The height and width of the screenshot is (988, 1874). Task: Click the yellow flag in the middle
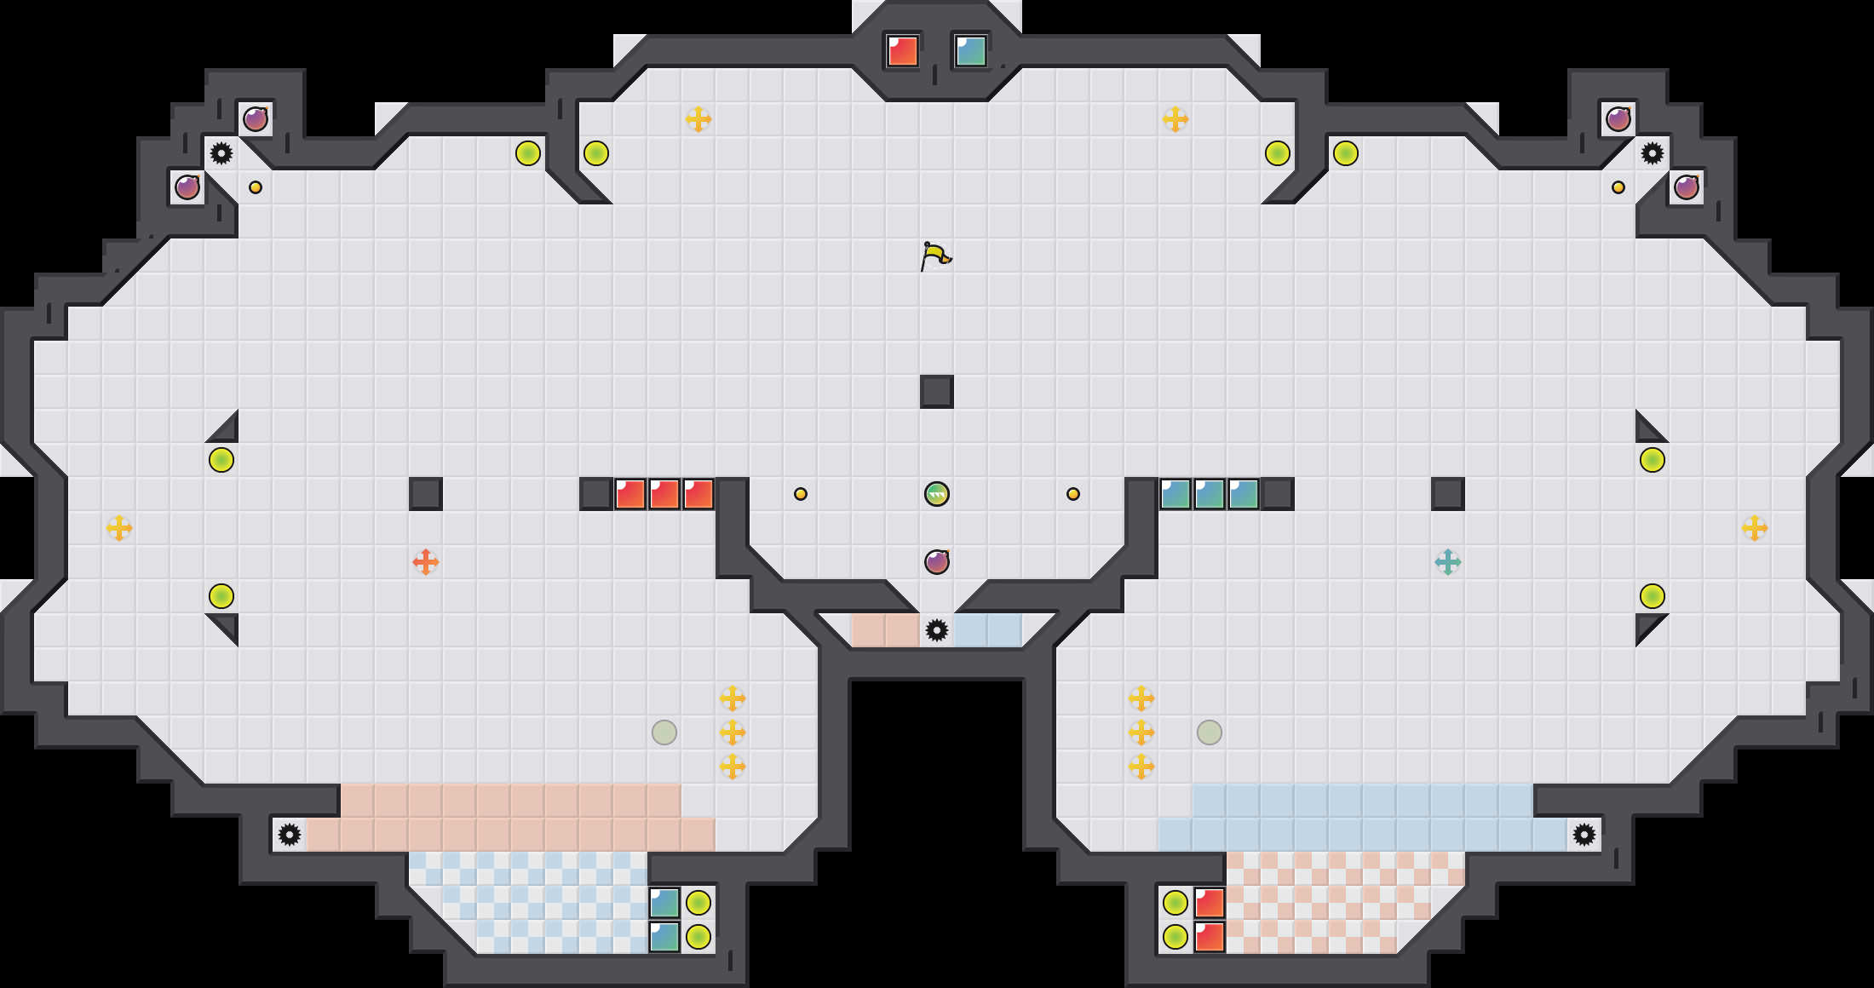935,256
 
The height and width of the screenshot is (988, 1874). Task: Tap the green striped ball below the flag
937,494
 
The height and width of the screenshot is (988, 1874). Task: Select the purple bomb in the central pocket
937,562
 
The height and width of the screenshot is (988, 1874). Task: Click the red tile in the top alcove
903,51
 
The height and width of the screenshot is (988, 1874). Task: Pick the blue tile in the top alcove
971,51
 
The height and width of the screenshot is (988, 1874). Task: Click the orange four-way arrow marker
426,562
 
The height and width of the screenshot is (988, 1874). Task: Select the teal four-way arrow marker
1448,562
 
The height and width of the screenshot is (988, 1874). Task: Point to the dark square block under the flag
937,392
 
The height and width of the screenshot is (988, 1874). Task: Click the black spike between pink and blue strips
937,630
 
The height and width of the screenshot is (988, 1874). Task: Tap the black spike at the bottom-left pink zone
290,835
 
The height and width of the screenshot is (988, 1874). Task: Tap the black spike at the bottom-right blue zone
1584,835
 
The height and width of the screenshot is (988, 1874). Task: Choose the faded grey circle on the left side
664,732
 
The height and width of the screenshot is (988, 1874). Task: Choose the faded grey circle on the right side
1210,732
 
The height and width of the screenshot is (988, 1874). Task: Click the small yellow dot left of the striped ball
801,494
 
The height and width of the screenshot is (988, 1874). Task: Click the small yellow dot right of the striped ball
1073,494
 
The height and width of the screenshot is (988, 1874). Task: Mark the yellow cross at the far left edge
119,528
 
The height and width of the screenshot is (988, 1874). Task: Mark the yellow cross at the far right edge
1755,528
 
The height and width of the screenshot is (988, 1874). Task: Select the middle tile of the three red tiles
664,494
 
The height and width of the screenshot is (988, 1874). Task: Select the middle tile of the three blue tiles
1210,494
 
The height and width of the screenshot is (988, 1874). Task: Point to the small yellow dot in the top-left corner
256,187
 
